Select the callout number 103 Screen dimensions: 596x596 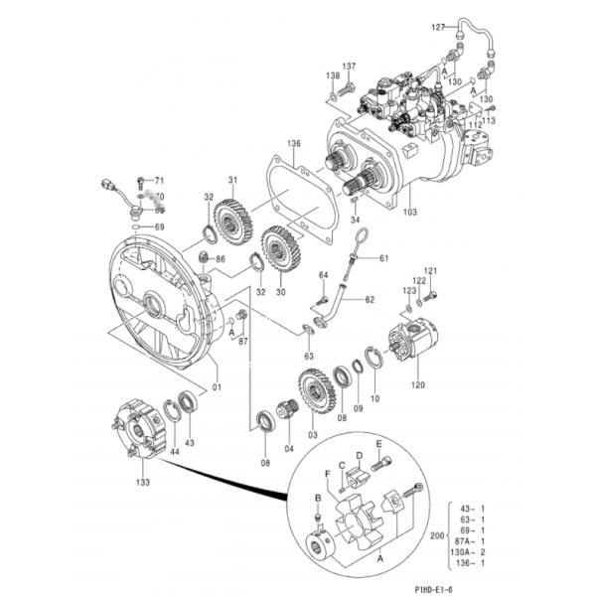click(410, 212)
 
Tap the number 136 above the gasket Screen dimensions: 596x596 click(293, 143)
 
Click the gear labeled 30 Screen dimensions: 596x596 click(280, 250)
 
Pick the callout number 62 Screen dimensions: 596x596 click(370, 299)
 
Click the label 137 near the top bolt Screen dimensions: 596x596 click(349, 67)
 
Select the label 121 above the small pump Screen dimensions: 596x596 click(430, 271)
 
